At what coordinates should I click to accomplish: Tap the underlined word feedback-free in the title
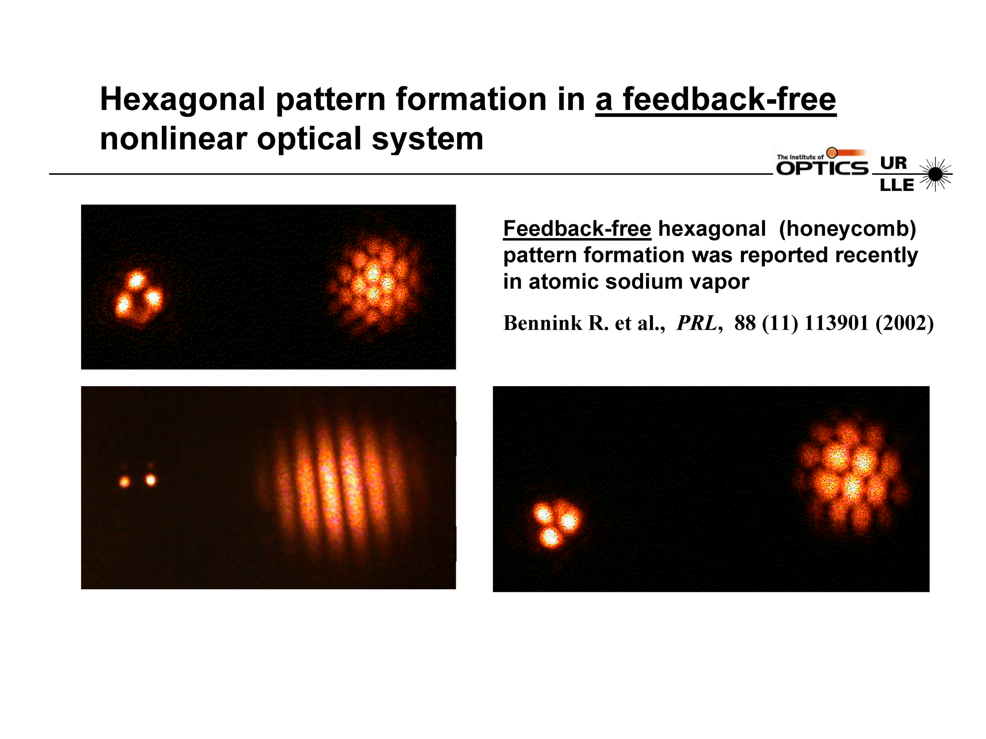click(729, 99)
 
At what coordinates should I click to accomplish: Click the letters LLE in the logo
click(896, 185)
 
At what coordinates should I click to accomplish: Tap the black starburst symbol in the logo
click(935, 174)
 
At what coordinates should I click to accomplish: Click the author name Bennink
click(543, 323)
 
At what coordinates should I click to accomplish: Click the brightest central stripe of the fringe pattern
click(330, 486)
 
